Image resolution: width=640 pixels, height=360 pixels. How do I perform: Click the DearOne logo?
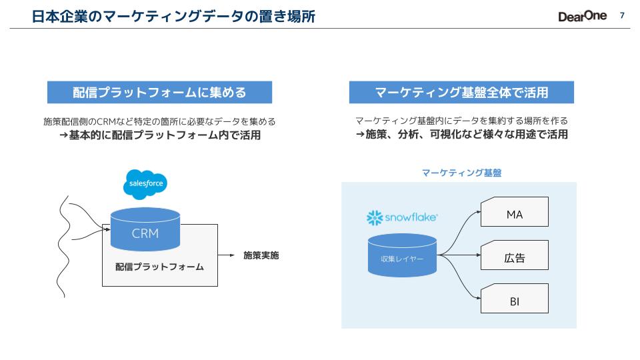[582, 16]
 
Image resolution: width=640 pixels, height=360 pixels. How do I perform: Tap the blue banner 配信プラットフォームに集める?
[159, 93]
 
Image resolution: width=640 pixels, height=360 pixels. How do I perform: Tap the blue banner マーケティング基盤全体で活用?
[461, 93]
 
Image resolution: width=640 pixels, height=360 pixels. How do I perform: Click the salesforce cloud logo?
[144, 184]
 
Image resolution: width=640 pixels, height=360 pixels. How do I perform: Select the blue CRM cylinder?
[145, 230]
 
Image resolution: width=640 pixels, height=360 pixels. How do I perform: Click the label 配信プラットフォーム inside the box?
[159, 267]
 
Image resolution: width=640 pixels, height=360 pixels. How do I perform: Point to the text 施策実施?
[261, 255]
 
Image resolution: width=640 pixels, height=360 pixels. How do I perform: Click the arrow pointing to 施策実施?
[226, 255]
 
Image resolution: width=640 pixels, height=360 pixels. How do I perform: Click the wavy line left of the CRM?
[63, 240]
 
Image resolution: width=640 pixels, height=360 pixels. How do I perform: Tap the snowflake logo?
[402, 217]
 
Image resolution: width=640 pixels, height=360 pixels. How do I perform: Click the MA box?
[514, 214]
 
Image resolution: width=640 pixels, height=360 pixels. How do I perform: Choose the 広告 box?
[514, 257]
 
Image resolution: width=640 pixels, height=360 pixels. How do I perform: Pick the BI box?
[514, 301]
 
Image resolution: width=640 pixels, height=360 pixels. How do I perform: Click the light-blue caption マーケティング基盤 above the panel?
[461, 173]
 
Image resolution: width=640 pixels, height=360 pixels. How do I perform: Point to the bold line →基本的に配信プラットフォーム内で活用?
[159, 135]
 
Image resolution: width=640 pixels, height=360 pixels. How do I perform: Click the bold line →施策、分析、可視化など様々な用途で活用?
[461, 135]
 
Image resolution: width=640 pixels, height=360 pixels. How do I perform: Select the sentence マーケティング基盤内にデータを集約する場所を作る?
[461, 121]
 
